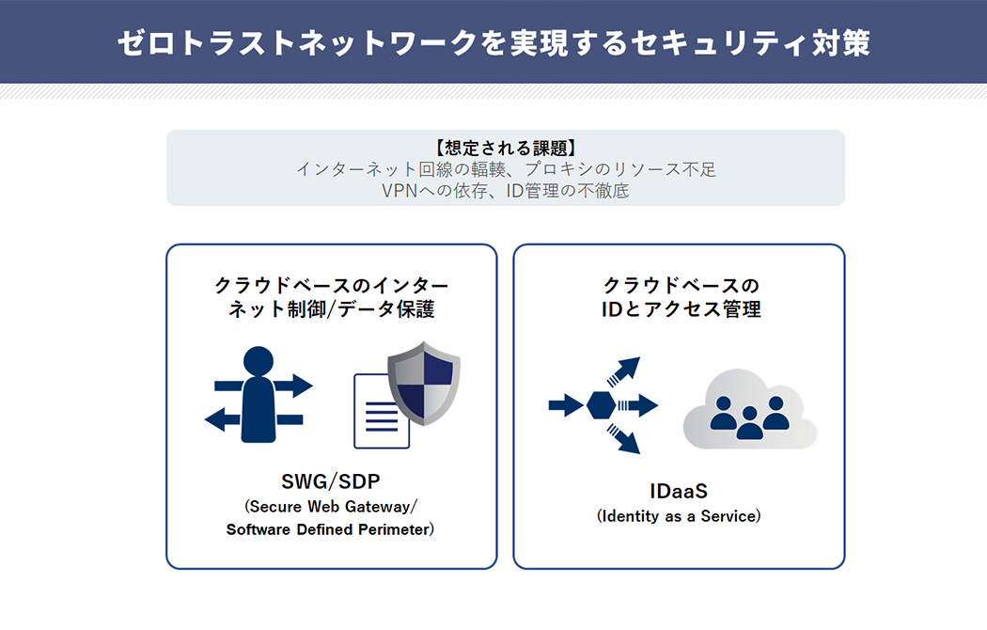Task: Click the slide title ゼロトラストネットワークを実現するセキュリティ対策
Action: coord(493,42)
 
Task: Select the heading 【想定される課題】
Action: coord(505,149)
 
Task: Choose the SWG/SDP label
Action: coord(331,482)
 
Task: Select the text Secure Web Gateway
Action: coord(331,507)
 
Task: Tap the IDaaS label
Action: coord(678,491)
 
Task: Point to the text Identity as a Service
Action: coord(679,516)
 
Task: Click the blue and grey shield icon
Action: coord(424,383)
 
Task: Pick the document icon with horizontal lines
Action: coord(381,411)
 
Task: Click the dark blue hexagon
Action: coord(602,406)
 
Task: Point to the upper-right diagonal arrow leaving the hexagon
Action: coord(625,370)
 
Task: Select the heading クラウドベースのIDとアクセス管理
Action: coord(680,297)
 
